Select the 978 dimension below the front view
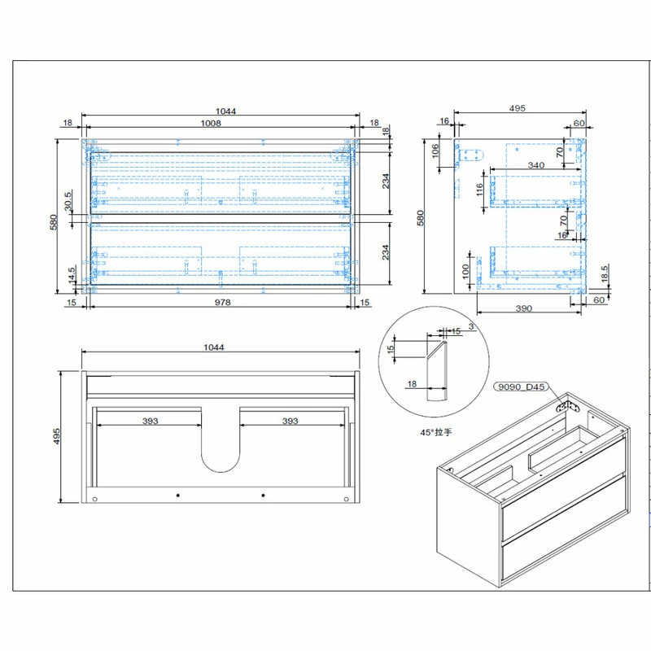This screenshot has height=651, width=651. click(223, 302)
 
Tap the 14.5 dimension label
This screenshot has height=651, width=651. click(72, 276)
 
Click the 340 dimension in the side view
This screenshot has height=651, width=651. click(536, 165)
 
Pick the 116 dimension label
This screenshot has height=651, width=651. click(480, 193)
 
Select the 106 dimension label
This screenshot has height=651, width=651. click(435, 152)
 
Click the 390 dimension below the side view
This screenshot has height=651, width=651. click(524, 308)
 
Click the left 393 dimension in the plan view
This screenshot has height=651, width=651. click(150, 421)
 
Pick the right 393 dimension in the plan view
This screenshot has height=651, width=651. click(289, 421)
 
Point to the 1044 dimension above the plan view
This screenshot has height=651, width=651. click(213, 347)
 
